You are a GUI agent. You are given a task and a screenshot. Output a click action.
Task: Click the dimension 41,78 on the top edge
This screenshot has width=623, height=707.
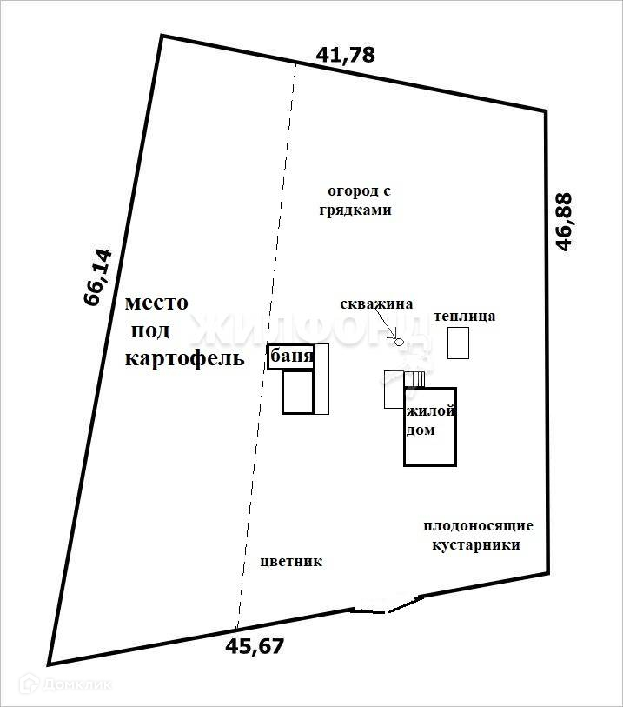tap(346, 55)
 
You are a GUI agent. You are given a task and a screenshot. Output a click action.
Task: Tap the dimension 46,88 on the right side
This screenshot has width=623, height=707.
tap(566, 223)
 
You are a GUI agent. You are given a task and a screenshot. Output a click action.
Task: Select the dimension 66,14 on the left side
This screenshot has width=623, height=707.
tap(97, 277)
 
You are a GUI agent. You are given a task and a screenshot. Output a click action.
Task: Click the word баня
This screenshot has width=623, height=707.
tap(291, 357)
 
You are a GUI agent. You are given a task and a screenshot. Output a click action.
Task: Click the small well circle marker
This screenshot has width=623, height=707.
tap(400, 342)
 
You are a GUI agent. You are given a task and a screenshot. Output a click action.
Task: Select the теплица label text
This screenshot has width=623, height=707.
tap(465, 316)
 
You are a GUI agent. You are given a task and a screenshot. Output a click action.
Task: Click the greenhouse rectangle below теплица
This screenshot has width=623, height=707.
tap(458, 343)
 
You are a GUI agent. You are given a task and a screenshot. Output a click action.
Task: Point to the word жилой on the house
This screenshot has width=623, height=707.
tap(430, 411)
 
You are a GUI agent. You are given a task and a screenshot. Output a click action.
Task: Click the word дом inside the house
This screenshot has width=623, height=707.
tap(421, 430)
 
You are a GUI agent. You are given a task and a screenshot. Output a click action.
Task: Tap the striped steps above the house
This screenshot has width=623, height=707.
tap(414, 379)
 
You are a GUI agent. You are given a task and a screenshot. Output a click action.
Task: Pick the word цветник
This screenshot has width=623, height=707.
tap(291, 561)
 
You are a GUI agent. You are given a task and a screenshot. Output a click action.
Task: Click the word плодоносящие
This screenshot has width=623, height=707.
tap(478, 526)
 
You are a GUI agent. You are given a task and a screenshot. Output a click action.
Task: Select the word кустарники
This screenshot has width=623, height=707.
tap(476, 545)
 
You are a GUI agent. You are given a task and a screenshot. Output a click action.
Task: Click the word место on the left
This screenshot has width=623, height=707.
tap(156, 303)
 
